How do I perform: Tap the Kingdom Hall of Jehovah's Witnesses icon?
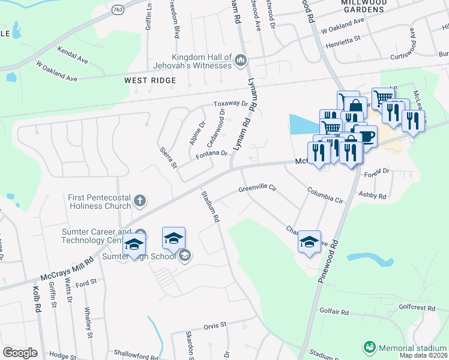tap(241, 59)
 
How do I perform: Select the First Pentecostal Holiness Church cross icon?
tap(140, 200)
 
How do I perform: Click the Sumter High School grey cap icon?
tap(185, 256)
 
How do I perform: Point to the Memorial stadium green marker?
tap(369, 347)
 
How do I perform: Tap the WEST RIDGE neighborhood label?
tap(150, 80)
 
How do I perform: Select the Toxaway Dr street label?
tap(232, 104)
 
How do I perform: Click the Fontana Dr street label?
tap(211, 154)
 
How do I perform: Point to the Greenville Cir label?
tap(257, 188)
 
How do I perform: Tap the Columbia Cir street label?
tap(325, 195)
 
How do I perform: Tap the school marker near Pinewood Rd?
tap(310, 242)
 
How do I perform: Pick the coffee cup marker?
tap(365, 136)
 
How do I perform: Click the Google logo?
tap(20, 353)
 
